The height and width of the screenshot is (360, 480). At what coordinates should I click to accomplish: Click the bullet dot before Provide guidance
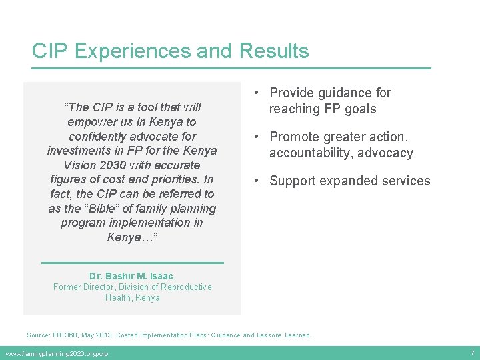click(x=257, y=93)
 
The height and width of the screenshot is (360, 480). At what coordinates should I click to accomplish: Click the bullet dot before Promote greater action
click(x=257, y=137)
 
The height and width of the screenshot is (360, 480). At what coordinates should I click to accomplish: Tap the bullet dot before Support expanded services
click(x=257, y=181)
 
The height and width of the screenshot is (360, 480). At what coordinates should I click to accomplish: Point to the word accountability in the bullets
click(x=312, y=153)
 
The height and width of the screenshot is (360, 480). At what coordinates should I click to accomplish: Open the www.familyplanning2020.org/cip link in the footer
click(x=56, y=353)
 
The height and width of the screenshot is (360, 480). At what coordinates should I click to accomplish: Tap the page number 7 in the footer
click(x=471, y=353)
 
